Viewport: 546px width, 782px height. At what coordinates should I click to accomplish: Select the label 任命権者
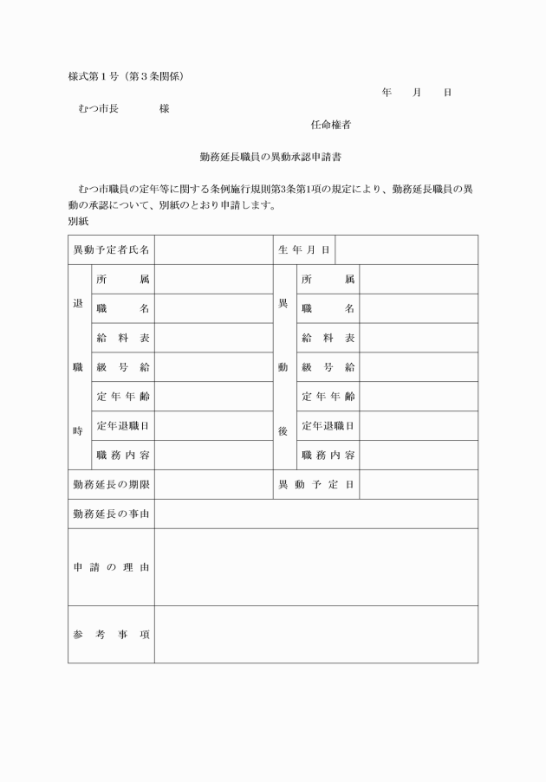(x=330, y=125)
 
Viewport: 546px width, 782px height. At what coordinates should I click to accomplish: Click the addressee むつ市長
(x=98, y=109)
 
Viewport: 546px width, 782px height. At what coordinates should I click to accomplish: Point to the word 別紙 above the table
(x=79, y=221)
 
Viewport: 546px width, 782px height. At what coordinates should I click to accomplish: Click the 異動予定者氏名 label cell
(x=111, y=249)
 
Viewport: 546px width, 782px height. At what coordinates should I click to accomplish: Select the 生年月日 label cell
(x=303, y=249)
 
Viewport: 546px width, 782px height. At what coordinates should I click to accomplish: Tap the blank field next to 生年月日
(x=406, y=249)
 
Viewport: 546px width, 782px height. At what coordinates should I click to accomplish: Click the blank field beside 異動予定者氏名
(x=213, y=249)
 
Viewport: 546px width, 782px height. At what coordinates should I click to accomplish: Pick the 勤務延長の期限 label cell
(x=111, y=484)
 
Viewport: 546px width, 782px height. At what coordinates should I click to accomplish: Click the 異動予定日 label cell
(x=315, y=484)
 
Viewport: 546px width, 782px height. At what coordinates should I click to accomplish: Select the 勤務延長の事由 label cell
(x=111, y=514)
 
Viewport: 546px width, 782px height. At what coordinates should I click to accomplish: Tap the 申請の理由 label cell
(x=111, y=566)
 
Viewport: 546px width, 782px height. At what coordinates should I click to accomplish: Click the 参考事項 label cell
(x=111, y=634)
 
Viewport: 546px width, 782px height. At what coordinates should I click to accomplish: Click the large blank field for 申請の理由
(x=315, y=566)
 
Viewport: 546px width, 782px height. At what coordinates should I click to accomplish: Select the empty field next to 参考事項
(x=315, y=634)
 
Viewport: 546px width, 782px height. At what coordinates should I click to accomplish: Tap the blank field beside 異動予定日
(x=418, y=484)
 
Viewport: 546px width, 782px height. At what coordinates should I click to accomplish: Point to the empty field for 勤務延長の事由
(x=315, y=514)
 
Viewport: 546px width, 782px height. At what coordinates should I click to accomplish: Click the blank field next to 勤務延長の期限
(x=213, y=484)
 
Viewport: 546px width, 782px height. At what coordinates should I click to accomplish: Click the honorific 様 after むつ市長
(x=165, y=109)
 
